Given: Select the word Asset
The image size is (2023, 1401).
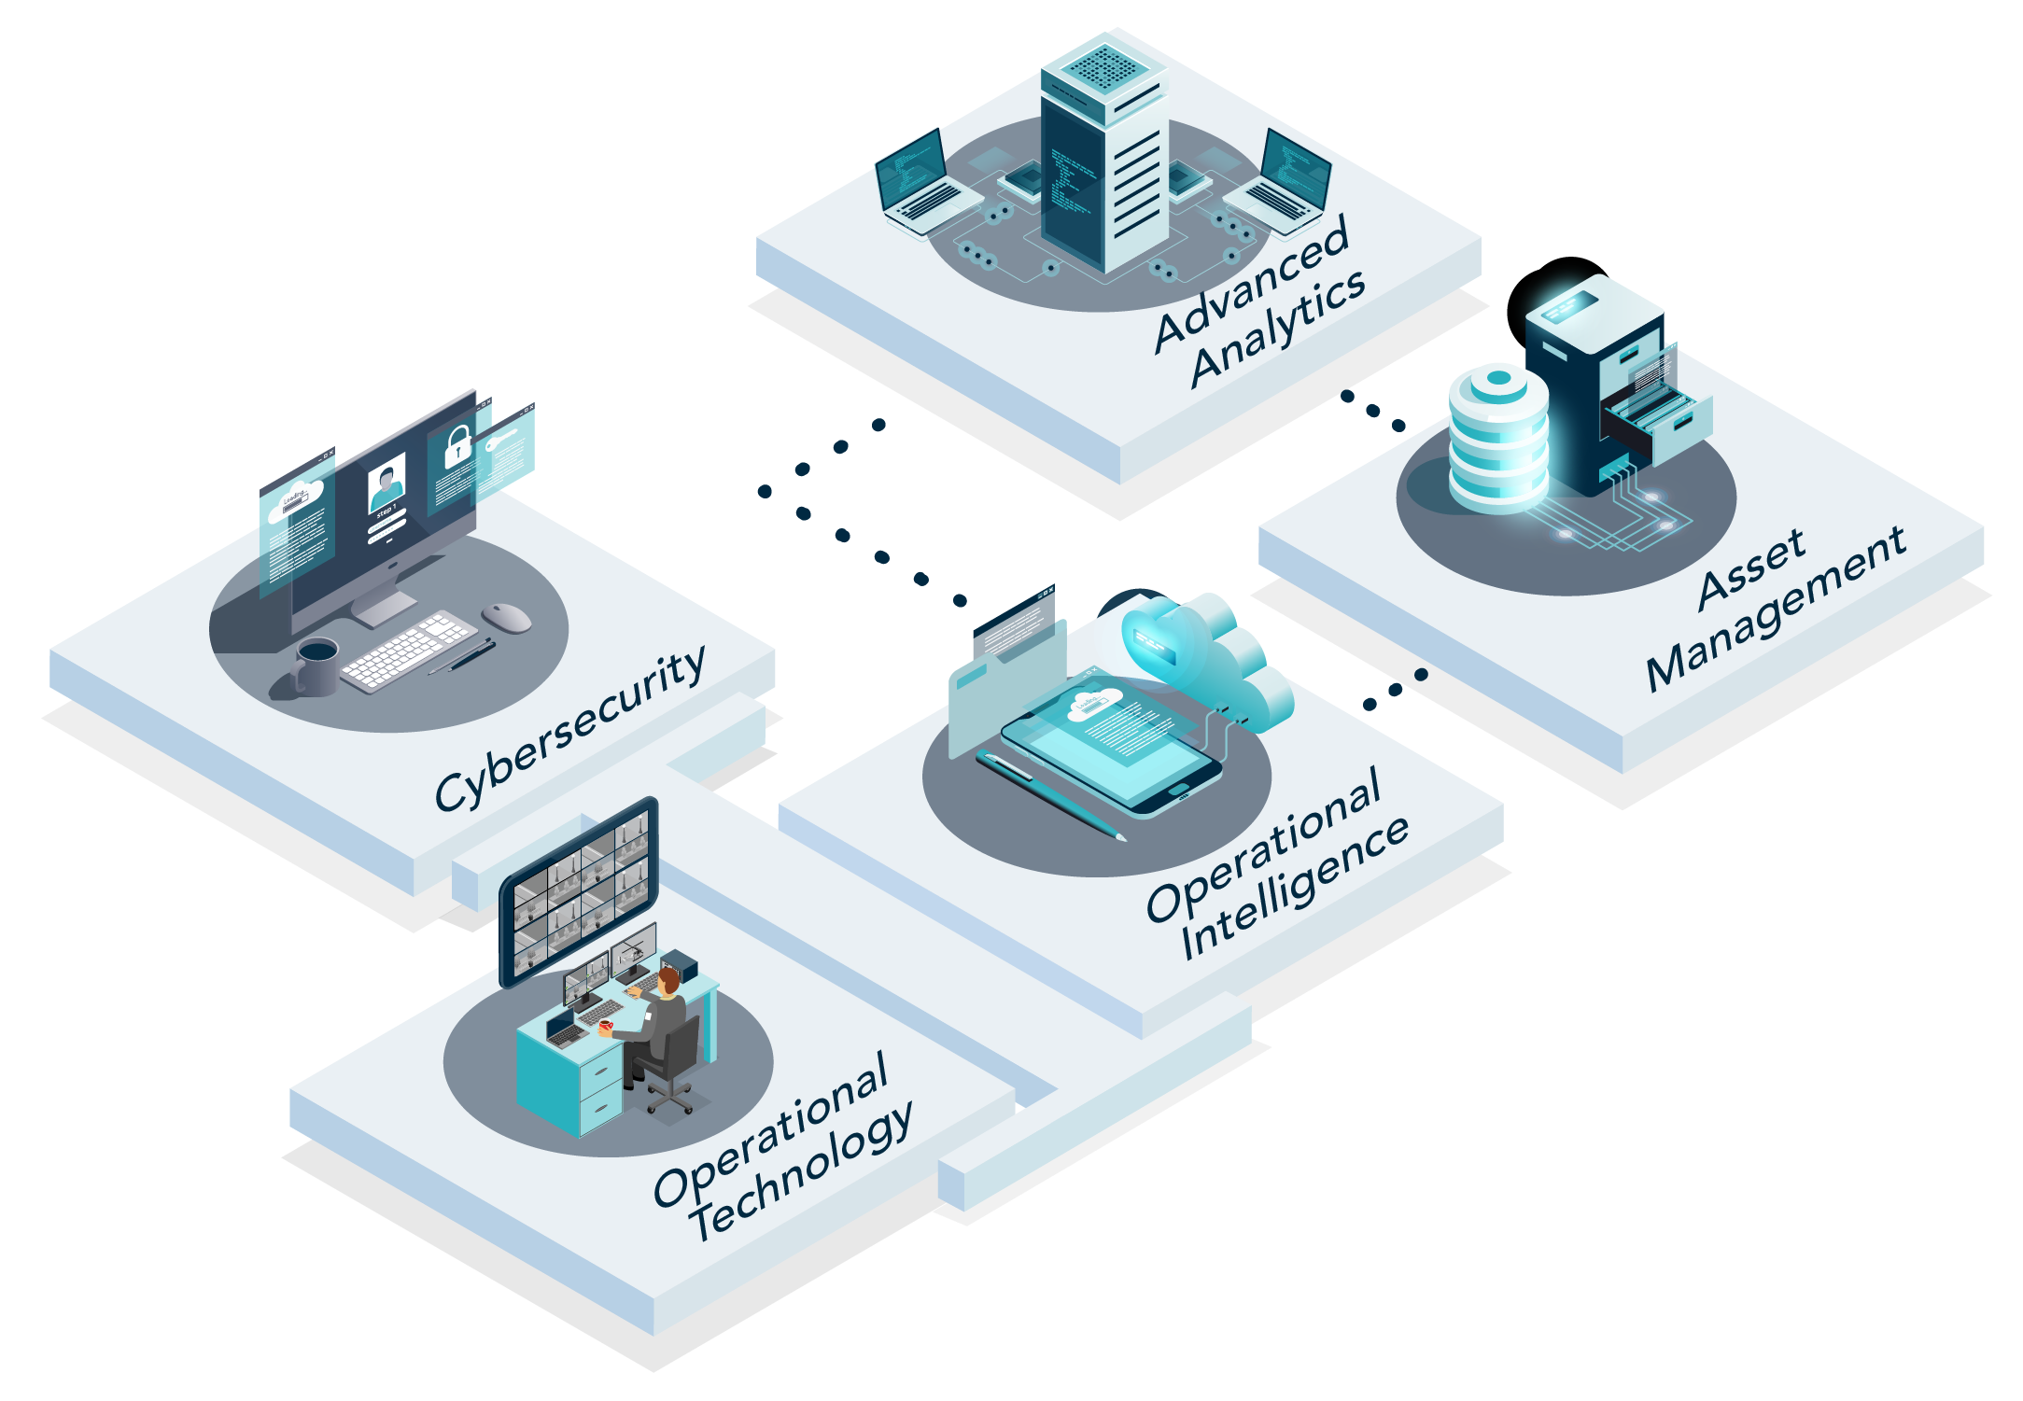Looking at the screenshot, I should click(x=1751, y=569).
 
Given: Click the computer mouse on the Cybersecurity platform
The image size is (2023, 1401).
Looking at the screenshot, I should click(x=506, y=616).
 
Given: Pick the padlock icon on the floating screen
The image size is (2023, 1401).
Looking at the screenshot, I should click(x=457, y=446).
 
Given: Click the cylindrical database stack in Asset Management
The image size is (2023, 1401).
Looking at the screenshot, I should click(x=1496, y=439).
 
